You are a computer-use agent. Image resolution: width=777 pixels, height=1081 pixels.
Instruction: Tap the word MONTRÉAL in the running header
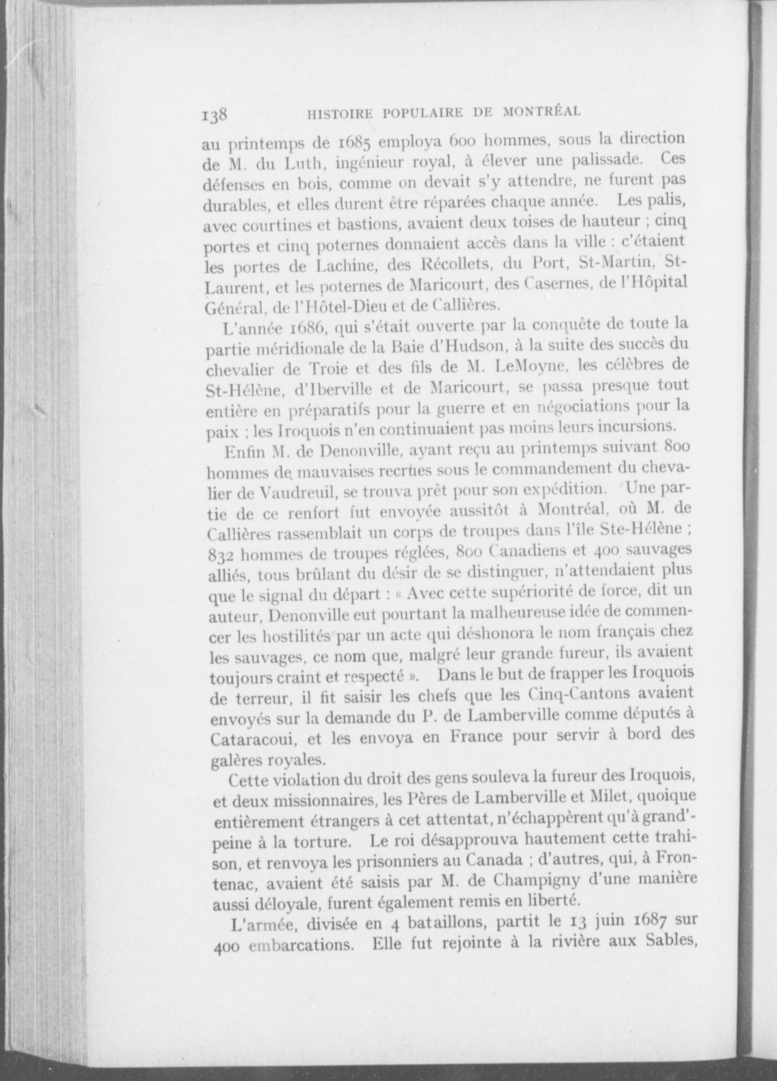coord(542,111)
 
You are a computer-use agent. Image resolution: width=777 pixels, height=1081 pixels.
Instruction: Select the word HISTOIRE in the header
coord(341,113)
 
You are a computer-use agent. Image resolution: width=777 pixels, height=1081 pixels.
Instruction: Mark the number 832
coord(222,555)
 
